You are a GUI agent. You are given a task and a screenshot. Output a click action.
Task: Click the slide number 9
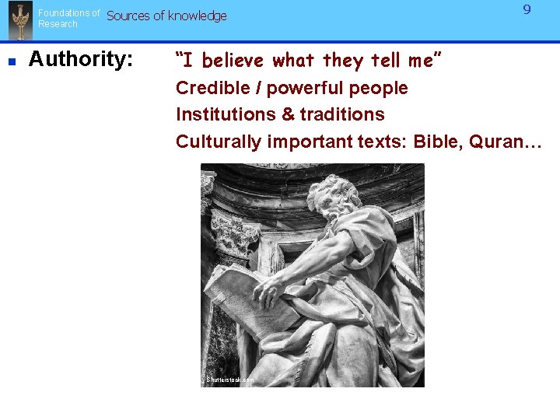pos(527,10)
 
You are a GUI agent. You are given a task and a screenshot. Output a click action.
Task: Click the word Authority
pos(80,59)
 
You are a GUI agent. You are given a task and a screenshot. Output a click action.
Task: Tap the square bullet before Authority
pos(12,60)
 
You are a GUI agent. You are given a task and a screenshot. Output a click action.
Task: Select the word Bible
pos(437,141)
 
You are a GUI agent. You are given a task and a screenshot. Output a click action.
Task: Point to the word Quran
pos(503,141)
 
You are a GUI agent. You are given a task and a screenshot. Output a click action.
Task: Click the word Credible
pos(208,88)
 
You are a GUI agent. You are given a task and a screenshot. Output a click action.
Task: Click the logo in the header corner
pos(19,21)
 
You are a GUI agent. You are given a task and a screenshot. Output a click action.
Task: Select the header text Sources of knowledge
pos(166,16)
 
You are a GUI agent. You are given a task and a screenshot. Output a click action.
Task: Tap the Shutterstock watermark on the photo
pos(229,380)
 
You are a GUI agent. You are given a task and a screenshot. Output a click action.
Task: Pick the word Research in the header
pos(58,24)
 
